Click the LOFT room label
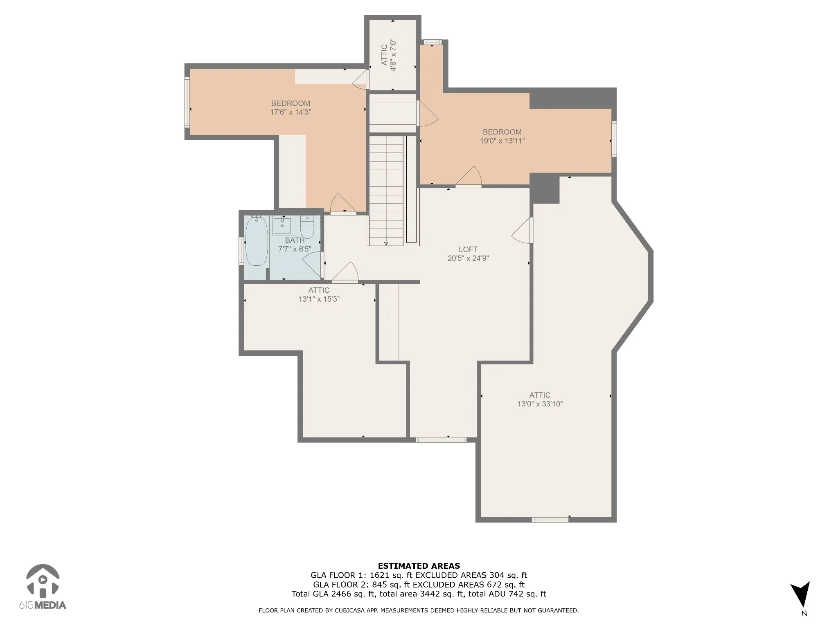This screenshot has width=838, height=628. tap(468, 249)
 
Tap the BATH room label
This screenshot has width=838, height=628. tap(295, 240)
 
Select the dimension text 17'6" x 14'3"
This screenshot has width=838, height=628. tap(291, 112)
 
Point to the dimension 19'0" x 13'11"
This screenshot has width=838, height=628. tap(502, 141)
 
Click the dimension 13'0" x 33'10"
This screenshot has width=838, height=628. tap(540, 404)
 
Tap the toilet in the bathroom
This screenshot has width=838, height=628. tap(307, 227)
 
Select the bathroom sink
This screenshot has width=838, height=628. tap(282, 225)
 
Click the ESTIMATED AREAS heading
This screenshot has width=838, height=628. tap(419, 566)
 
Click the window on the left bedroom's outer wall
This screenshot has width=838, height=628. tap(187, 103)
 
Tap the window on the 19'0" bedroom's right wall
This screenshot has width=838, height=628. tap(614, 139)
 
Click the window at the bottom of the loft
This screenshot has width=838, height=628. tap(441, 440)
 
